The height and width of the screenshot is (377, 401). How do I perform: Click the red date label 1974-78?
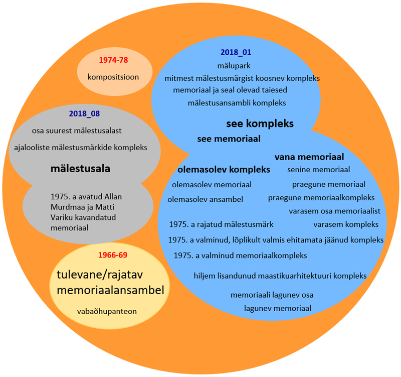pos(113,60)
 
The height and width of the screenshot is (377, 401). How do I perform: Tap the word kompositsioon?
pos(113,77)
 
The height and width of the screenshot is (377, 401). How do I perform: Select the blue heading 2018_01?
pos(236,52)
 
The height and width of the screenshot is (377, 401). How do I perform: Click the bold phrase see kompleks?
pos(260,123)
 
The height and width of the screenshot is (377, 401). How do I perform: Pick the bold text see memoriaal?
pos(229,139)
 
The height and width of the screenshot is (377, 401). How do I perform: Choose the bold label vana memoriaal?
pos(309,157)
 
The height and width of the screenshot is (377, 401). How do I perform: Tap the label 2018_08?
pos(84,114)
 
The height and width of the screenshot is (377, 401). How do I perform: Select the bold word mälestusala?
pos(80,168)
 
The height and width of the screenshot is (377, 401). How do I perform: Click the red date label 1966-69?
pos(112,255)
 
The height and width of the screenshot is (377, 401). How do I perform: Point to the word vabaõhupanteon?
pos(107,311)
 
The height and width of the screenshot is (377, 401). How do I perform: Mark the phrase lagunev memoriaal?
pos(278,308)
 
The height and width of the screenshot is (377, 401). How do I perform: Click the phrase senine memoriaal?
pos(318,170)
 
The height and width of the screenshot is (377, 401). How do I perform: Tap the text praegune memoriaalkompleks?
pos(321,197)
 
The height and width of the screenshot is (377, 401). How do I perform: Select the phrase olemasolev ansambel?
pos(206,199)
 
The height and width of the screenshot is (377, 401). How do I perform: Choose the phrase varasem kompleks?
pos(346,224)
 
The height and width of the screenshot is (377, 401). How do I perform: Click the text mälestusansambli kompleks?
pos(237,103)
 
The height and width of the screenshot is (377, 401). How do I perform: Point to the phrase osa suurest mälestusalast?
pos(77,131)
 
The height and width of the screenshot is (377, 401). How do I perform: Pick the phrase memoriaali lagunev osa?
pos(272,295)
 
